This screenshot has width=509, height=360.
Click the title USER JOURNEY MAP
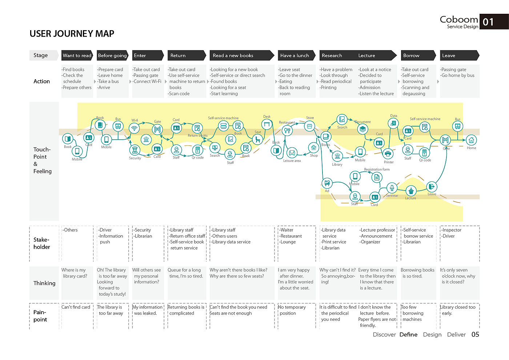click(x=72, y=34)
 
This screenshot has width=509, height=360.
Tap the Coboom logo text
click(x=459, y=19)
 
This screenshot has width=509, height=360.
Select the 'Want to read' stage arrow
click(x=77, y=55)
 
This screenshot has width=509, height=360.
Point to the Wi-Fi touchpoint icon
click(x=135, y=128)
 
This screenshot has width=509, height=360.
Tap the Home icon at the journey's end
click(x=471, y=140)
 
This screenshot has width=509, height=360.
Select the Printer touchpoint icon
click(x=388, y=153)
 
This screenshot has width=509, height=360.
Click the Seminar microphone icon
click(x=392, y=188)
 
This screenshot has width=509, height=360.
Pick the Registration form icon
click(x=377, y=177)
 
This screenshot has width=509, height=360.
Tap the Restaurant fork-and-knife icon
click(x=286, y=131)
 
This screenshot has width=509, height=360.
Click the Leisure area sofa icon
click(x=292, y=153)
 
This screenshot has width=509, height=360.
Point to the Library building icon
click(x=337, y=156)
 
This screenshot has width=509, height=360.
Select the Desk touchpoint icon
click(x=267, y=124)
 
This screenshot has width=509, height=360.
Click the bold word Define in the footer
click(x=408, y=335)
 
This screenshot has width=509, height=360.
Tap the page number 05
click(x=475, y=335)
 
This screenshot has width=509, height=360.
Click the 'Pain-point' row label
click(x=40, y=316)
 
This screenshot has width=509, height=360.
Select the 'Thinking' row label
click(x=44, y=283)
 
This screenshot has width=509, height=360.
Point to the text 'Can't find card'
click(x=76, y=307)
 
